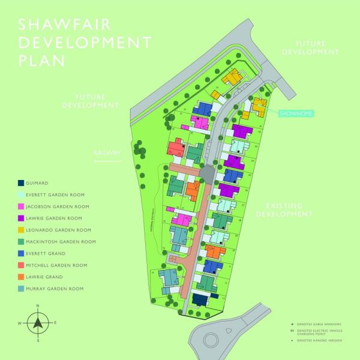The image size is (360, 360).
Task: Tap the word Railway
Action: [x=107, y=153]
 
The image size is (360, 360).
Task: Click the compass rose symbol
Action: [x=38, y=323]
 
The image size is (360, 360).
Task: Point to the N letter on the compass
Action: [x=38, y=306]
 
